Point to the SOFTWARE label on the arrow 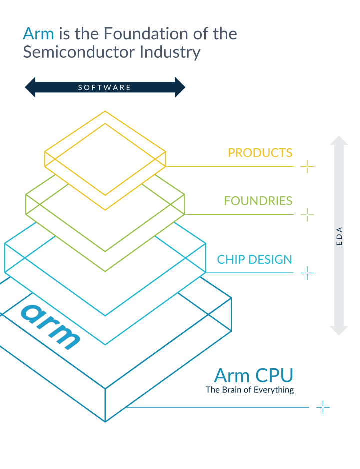[105, 88]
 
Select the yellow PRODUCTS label [260, 153]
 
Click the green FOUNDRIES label [258, 201]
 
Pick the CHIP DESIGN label [254, 259]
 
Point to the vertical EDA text [339, 236]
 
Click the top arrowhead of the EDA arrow [339, 141]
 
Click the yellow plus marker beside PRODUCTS [307, 166]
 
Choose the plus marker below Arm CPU [323, 407]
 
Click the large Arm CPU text [253, 375]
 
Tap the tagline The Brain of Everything [249, 390]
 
